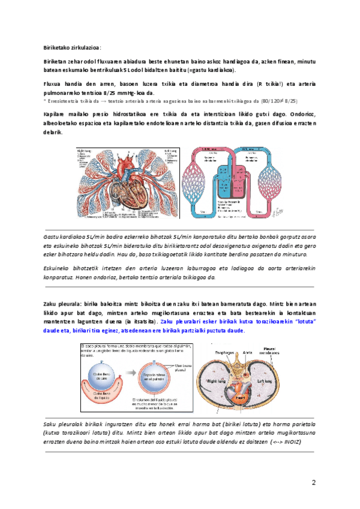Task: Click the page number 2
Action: click(x=313, y=483)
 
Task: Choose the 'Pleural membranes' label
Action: click(x=286, y=350)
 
